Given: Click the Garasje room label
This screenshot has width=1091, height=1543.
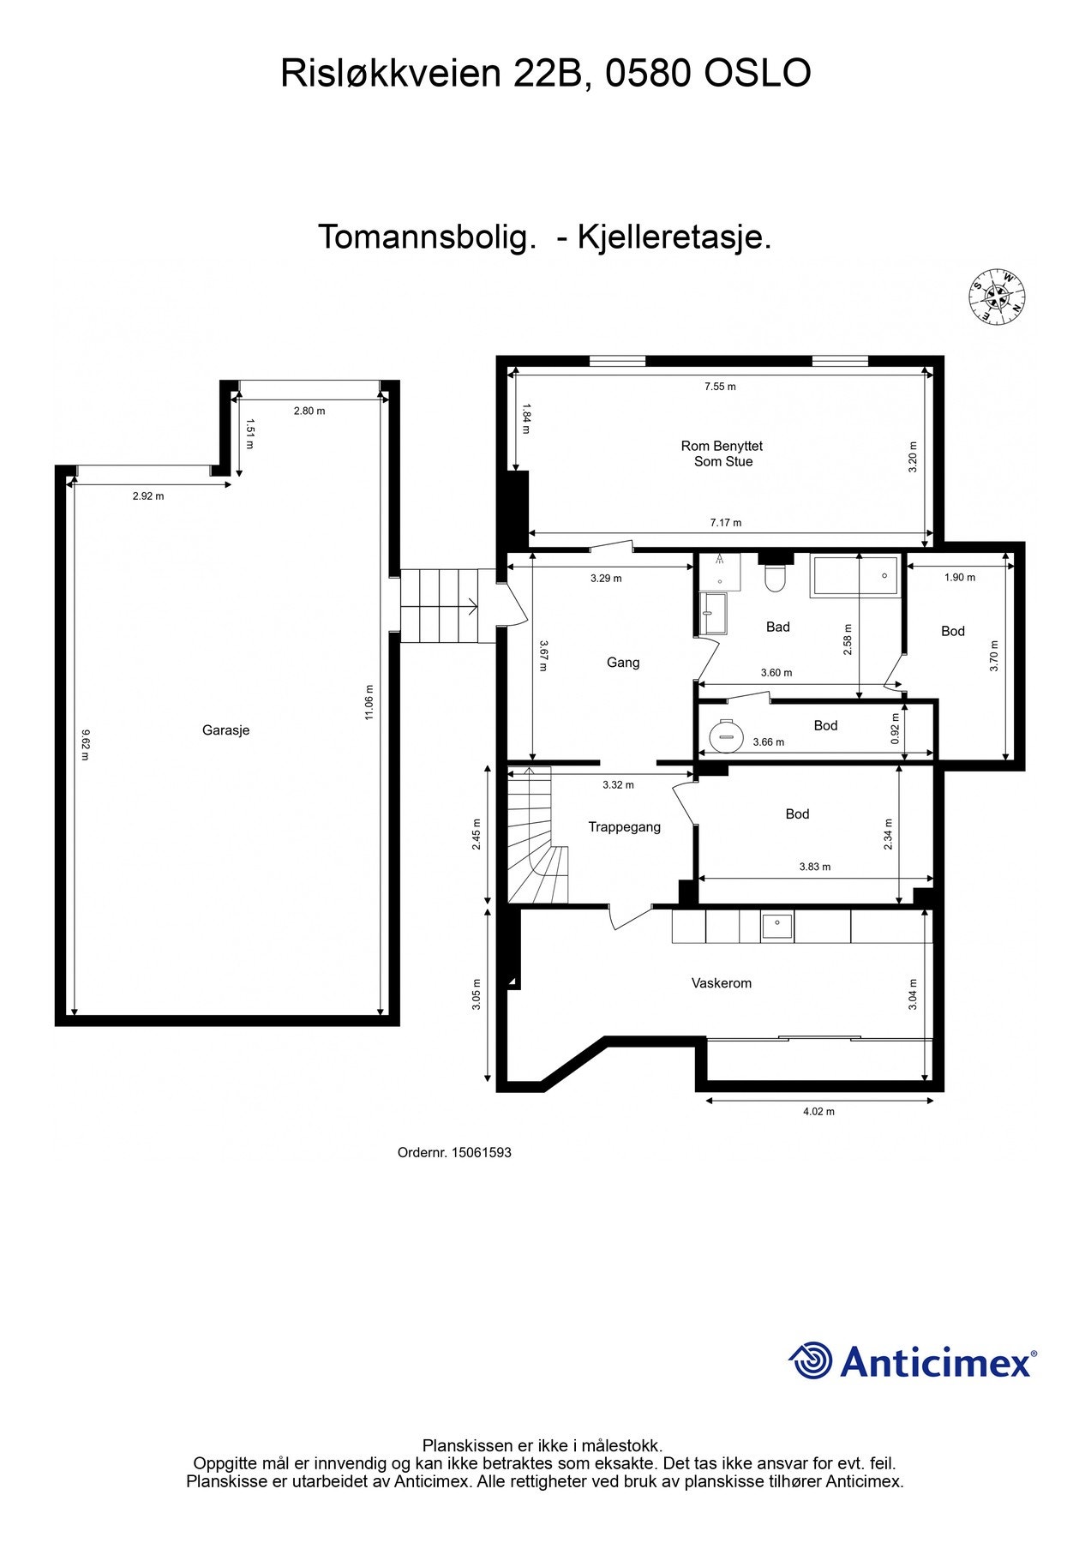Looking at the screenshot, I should (225, 730).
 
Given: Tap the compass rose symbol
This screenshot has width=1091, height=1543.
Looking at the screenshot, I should (998, 297).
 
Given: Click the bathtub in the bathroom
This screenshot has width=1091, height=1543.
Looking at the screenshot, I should (855, 576).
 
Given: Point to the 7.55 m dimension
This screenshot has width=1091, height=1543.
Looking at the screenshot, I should (720, 387).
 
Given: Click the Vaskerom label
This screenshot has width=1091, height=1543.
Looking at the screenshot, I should (722, 983).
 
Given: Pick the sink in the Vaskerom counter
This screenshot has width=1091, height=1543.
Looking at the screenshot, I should (777, 926).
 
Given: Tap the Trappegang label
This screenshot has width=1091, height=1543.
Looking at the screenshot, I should (624, 827).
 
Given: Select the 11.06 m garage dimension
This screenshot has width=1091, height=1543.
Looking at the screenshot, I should (369, 702).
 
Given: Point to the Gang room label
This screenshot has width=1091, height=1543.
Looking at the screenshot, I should (623, 663).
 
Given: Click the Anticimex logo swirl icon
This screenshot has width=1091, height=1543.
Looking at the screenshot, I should (810, 1360).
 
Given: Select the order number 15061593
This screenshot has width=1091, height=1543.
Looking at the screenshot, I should (481, 1153).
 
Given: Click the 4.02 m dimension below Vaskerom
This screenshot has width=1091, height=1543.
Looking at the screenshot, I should (818, 1112).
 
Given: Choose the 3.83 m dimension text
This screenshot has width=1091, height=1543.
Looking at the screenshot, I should (815, 867).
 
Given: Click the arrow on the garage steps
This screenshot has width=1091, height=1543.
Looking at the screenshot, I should (470, 606).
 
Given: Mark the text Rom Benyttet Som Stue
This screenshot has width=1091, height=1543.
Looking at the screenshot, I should (722, 453).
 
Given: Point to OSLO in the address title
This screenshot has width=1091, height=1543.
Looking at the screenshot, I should (757, 74).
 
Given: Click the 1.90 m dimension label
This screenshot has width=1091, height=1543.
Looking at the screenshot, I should (960, 578).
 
